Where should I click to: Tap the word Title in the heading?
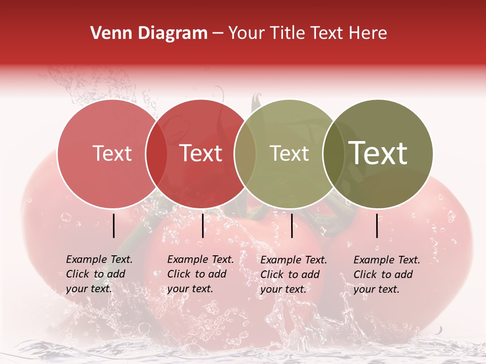(287, 33)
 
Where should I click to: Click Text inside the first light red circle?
(112, 153)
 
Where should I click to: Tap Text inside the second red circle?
(201, 153)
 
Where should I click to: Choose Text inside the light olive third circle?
(289, 153)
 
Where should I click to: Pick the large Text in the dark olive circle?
(378, 153)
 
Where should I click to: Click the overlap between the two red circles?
(156, 154)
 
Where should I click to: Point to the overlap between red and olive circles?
(245, 154)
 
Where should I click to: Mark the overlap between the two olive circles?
(334, 154)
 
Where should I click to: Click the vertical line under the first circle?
(114, 225)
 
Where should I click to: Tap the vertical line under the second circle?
(202, 225)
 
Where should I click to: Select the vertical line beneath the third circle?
(292, 225)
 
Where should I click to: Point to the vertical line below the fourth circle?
(377, 225)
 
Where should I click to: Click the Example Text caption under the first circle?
(99, 274)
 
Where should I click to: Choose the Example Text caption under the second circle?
(200, 274)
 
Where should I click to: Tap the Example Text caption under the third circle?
(293, 275)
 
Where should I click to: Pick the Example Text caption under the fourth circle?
(386, 275)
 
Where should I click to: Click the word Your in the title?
(246, 33)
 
